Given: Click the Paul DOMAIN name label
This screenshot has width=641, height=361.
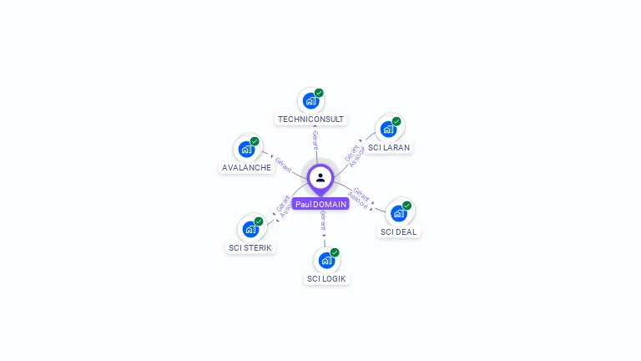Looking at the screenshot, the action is click(x=320, y=204).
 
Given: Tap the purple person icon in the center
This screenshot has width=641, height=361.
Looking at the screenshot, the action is click(x=320, y=177).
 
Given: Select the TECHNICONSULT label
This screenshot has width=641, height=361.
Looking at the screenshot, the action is click(x=311, y=119).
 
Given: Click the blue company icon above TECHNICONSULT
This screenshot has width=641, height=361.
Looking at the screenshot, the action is click(x=311, y=101).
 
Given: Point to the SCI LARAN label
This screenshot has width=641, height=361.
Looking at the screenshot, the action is click(x=389, y=147).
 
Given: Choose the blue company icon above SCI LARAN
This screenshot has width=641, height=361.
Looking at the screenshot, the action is click(x=388, y=130).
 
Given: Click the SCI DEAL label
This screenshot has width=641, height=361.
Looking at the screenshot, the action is click(x=399, y=231).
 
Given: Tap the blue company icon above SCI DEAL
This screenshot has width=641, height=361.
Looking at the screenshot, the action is click(x=399, y=213).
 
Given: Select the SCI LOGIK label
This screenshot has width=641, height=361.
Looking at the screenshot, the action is click(x=326, y=278).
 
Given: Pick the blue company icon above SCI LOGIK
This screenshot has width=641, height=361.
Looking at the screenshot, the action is click(x=326, y=261).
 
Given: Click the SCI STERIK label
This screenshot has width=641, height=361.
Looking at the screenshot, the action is click(x=250, y=247).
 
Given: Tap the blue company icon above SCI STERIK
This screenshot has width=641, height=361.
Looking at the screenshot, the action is click(x=250, y=229).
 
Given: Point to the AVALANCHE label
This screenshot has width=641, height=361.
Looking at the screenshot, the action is click(x=246, y=167).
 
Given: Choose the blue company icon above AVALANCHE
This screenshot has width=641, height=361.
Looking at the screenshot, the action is click(x=246, y=150).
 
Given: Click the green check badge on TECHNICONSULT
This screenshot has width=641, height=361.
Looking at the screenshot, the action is click(x=319, y=93).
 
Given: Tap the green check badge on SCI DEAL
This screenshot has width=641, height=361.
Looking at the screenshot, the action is click(x=406, y=205).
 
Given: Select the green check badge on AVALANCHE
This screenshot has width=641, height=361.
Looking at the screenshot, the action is click(x=255, y=141).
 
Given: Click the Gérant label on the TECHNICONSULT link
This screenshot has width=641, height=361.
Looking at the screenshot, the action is click(x=315, y=139).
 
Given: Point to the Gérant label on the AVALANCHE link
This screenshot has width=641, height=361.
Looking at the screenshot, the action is click(x=283, y=164).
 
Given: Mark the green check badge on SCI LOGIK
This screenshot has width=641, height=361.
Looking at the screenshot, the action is click(x=335, y=252).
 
